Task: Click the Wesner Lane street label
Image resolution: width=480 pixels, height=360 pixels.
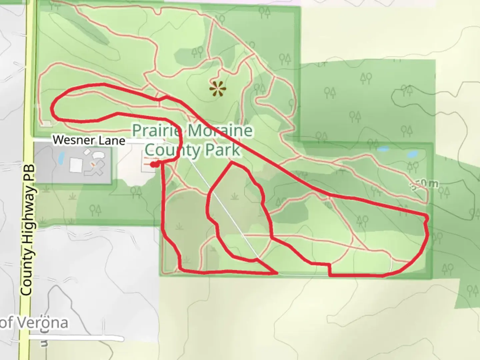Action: (x=89, y=140)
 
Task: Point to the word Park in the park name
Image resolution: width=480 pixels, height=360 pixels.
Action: (x=222, y=150)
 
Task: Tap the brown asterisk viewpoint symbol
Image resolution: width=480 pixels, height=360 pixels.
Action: (x=218, y=89)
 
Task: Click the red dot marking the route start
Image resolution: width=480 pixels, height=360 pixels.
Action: (x=153, y=164)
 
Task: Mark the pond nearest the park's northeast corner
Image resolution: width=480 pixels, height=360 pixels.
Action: (x=412, y=154)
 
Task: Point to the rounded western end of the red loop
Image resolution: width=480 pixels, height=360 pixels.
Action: (x=52, y=109)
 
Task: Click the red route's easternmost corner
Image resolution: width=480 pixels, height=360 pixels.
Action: (x=427, y=217)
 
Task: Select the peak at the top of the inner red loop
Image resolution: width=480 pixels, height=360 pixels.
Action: (x=231, y=162)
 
